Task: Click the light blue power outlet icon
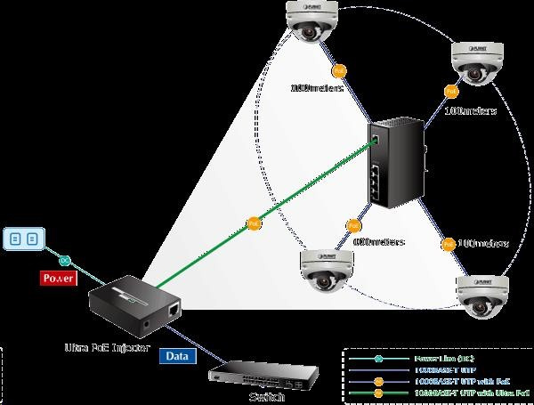coord(24,239)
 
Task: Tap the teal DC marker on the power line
coord(64,260)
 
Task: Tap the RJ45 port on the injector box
coord(174,309)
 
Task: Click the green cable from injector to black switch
coord(294,197)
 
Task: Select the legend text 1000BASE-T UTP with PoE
coord(441,379)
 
